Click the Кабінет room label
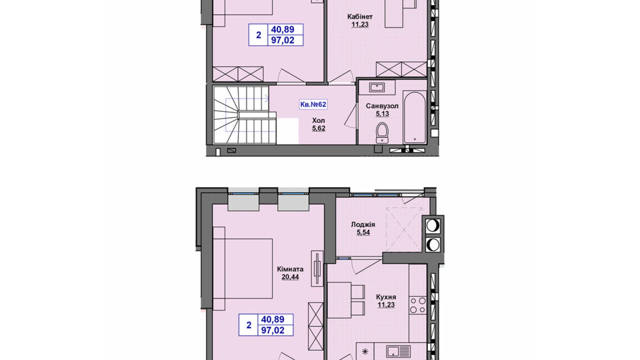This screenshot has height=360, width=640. click(360, 16)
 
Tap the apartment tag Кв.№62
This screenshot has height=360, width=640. click(313, 104)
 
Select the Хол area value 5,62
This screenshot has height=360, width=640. click(319, 128)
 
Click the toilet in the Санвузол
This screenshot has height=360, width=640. click(382, 132)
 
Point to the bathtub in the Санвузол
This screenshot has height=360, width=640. click(415, 117)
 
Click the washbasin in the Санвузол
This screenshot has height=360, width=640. click(377, 87)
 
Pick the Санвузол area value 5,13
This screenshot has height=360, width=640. click(382, 114)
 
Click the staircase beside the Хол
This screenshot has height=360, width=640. click(245, 115)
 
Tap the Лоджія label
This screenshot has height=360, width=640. click(363, 224)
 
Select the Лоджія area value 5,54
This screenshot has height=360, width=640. click(363, 232)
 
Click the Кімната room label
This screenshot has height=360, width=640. click(290, 269)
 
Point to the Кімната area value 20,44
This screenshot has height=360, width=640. click(290, 277)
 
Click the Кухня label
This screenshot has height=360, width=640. click(386, 297)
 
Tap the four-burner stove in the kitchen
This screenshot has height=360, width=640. click(418, 305)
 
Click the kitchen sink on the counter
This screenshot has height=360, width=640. click(399, 352)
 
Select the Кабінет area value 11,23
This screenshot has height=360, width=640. click(360, 24)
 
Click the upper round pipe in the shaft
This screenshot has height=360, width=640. click(432, 225)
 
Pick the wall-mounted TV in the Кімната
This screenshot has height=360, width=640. click(317, 268)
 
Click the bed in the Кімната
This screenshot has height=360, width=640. click(243, 268)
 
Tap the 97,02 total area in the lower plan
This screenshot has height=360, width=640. click(273, 330)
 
